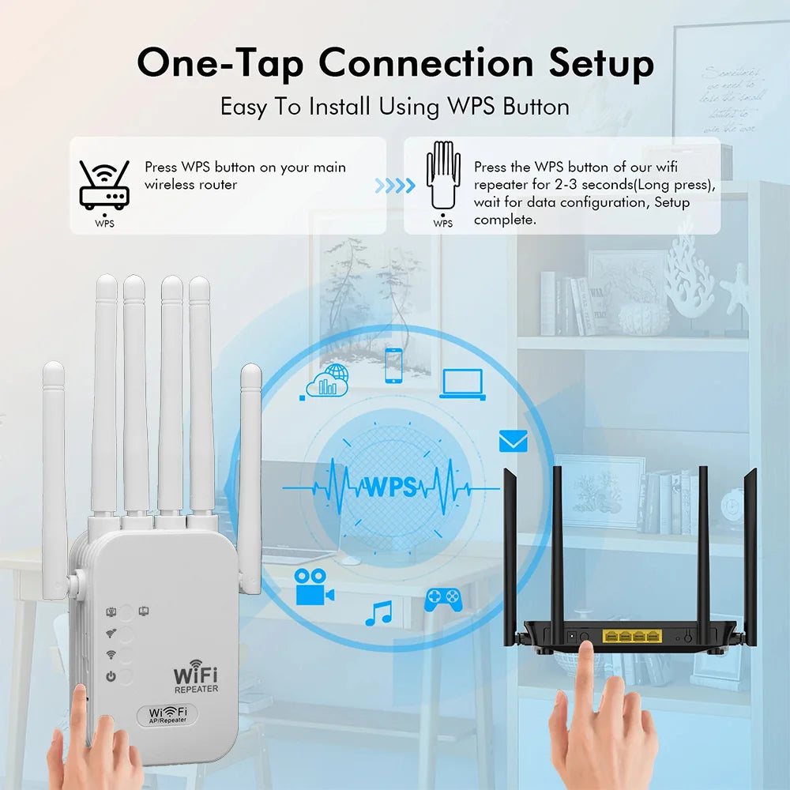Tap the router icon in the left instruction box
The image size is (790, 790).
[x=103, y=186]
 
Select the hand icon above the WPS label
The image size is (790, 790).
[x=443, y=175]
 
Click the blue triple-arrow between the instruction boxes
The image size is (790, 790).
[x=394, y=186]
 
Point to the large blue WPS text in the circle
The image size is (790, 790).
[x=389, y=486]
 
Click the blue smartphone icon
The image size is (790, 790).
[x=393, y=365]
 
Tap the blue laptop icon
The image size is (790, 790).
[x=462, y=383]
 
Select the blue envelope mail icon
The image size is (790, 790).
[x=513, y=442]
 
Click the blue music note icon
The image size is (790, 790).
[x=378, y=613]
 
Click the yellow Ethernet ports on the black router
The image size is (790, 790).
[x=631, y=635]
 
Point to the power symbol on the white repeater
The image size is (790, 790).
[x=111, y=676]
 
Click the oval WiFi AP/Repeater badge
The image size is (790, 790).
[x=167, y=715]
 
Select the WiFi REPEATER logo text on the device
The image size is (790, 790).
[x=195, y=679]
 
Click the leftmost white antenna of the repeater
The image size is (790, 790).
[x=55, y=474]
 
